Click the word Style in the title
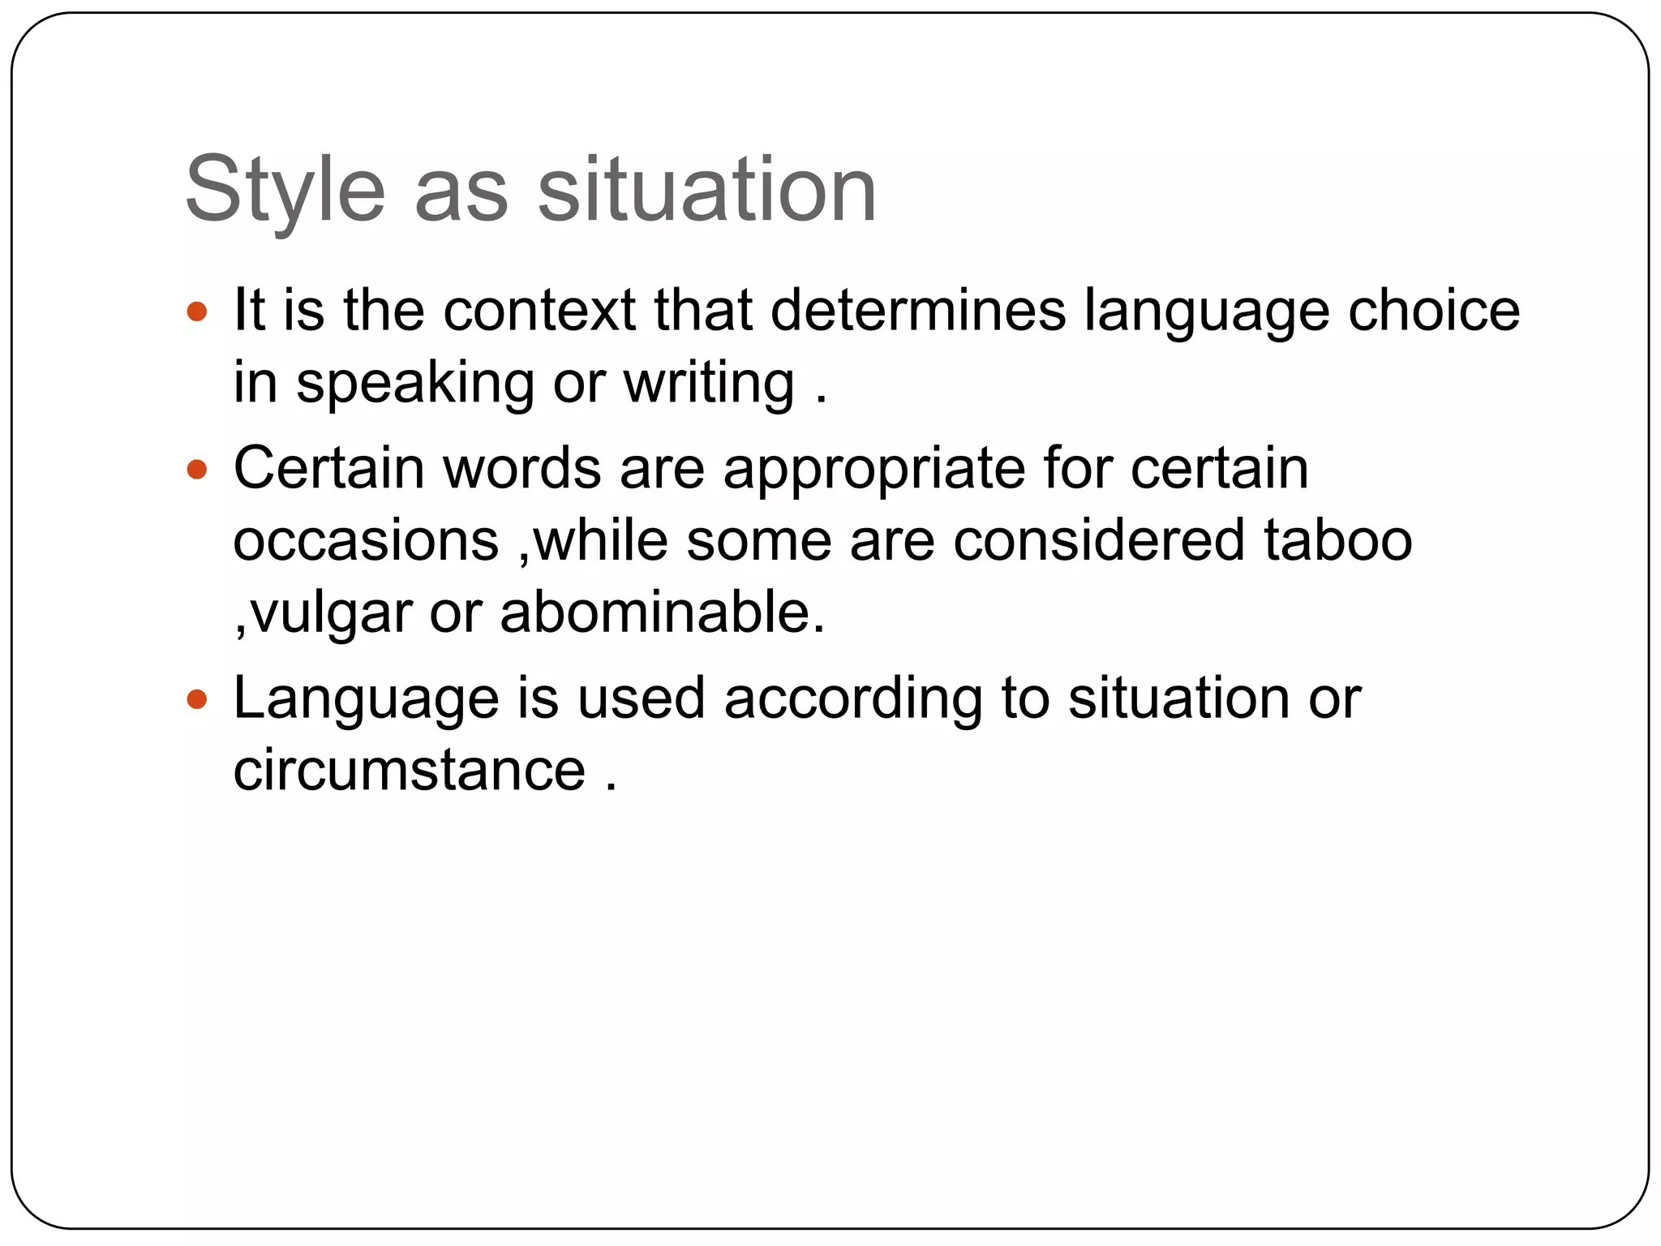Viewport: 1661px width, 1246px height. (x=285, y=191)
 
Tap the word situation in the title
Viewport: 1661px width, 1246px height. (x=707, y=191)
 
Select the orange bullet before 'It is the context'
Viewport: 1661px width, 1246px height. (x=197, y=311)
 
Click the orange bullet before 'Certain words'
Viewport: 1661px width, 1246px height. (x=197, y=469)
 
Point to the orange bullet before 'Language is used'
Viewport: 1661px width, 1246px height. (x=197, y=698)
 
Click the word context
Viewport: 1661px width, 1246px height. (x=539, y=311)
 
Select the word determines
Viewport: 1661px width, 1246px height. (x=917, y=311)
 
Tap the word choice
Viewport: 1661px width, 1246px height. (x=1433, y=311)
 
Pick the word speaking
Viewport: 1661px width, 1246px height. (x=415, y=384)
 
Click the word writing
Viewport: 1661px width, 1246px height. (x=709, y=382)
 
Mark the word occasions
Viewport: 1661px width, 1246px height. (x=366, y=541)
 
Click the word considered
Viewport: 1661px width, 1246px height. (x=1098, y=541)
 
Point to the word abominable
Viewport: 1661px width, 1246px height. (x=662, y=612)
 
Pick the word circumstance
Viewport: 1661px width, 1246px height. (x=410, y=770)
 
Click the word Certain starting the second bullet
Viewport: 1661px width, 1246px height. (x=328, y=469)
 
